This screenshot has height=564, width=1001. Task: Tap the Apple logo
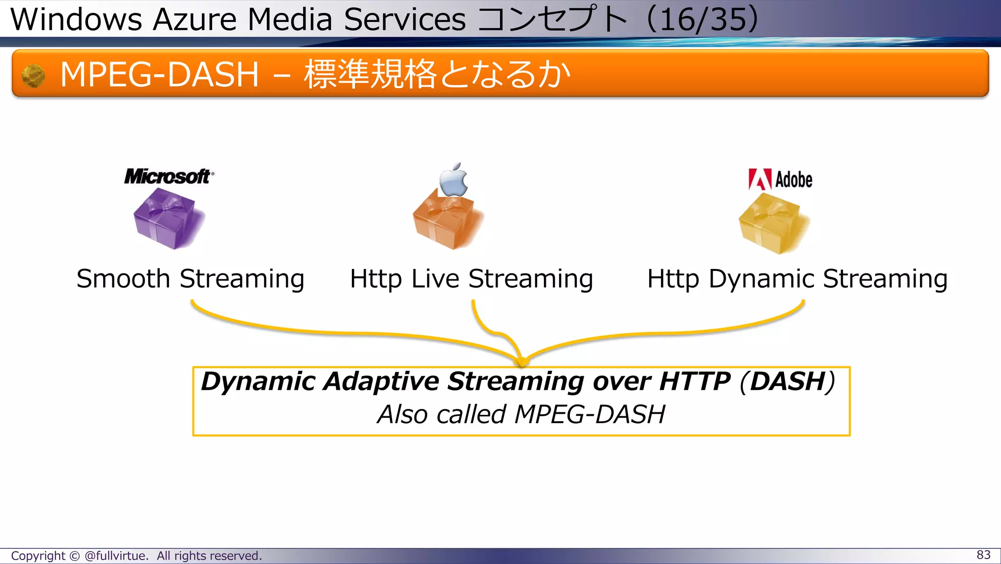click(453, 180)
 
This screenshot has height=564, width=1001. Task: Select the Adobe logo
click(781, 180)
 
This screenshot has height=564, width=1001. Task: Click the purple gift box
click(168, 219)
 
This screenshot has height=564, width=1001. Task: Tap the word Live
click(435, 279)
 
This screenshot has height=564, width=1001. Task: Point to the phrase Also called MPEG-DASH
click(521, 414)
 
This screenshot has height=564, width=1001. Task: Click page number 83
click(983, 555)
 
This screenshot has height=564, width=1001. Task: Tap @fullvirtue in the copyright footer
click(115, 556)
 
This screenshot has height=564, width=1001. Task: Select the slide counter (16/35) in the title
click(703, 20)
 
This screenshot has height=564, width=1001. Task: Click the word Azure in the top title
click(195, 20)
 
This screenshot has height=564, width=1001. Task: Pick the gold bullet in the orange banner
click(33, 76)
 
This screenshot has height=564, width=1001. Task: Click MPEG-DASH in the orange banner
click(159, 75)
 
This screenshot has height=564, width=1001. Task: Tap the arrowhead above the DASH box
click(522, 362)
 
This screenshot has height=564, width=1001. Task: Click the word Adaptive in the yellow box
click(381, 382)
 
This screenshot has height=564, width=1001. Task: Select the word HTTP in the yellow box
click(695, 382)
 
